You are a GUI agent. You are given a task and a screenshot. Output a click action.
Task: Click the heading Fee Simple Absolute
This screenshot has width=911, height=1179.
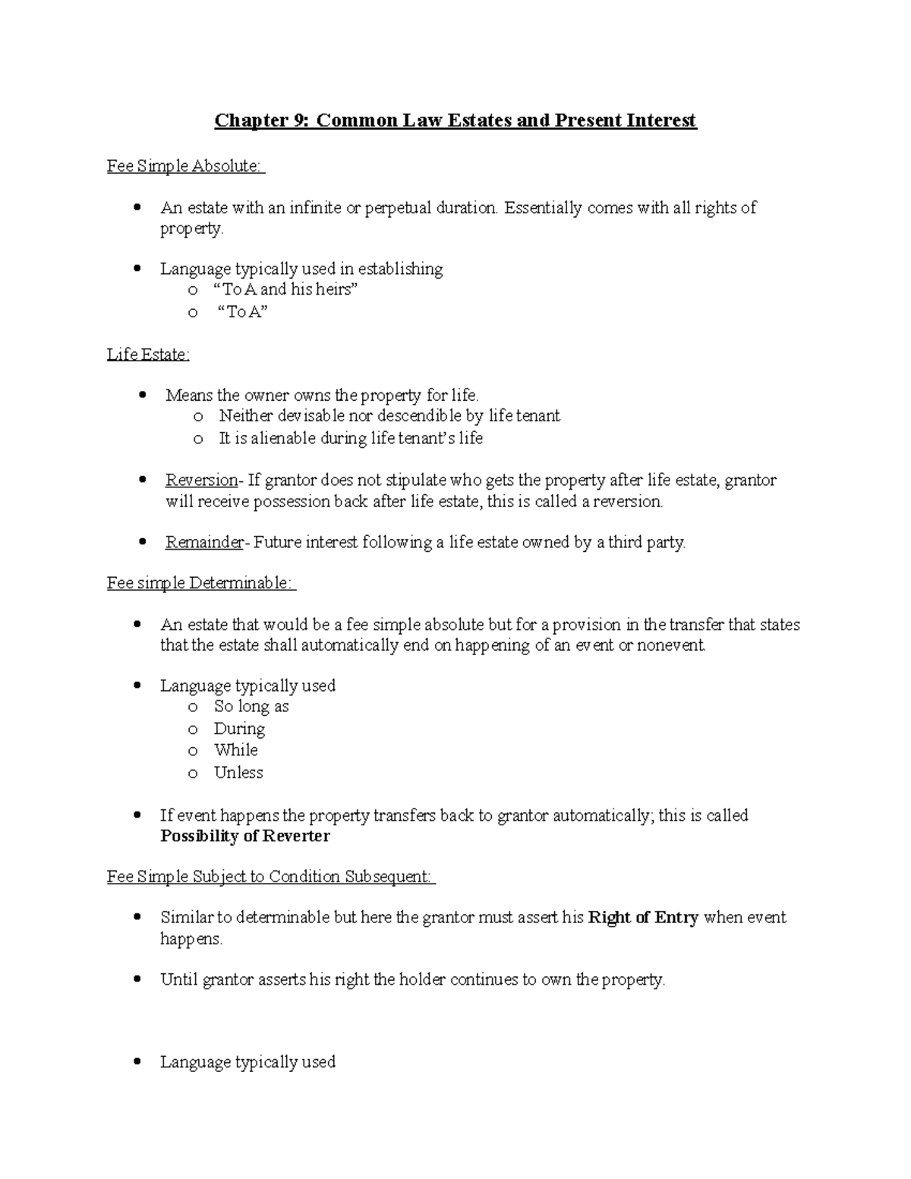coord(186,166)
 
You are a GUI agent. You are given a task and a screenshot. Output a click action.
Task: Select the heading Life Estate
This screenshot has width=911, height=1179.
coord(148,355)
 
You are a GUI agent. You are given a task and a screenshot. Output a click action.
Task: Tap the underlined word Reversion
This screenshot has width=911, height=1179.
coord(201,481)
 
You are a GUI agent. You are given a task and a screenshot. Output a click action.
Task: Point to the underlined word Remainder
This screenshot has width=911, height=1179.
coord(204,543)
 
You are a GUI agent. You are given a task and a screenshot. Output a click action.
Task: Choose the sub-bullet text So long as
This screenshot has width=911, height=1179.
coord(251,707)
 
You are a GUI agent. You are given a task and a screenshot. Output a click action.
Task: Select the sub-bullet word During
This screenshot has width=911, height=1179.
coord(239,729)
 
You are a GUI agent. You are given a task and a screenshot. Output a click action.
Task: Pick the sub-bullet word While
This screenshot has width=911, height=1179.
coord(236,751)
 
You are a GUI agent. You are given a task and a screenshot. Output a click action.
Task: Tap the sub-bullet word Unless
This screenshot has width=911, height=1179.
coord(238,773)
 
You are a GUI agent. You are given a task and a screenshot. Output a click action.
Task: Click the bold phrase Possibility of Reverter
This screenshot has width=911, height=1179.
coord(245,837)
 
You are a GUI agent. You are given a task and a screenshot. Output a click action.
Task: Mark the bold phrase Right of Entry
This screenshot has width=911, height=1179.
coord(643,918)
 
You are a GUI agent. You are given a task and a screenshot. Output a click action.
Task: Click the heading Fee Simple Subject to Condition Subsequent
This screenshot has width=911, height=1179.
coord(271,878)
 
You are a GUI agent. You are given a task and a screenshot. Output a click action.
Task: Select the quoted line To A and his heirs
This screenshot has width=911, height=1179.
coord(288,290)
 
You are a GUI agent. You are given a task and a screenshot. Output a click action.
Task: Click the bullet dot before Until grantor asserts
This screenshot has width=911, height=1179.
coord(137,979)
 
